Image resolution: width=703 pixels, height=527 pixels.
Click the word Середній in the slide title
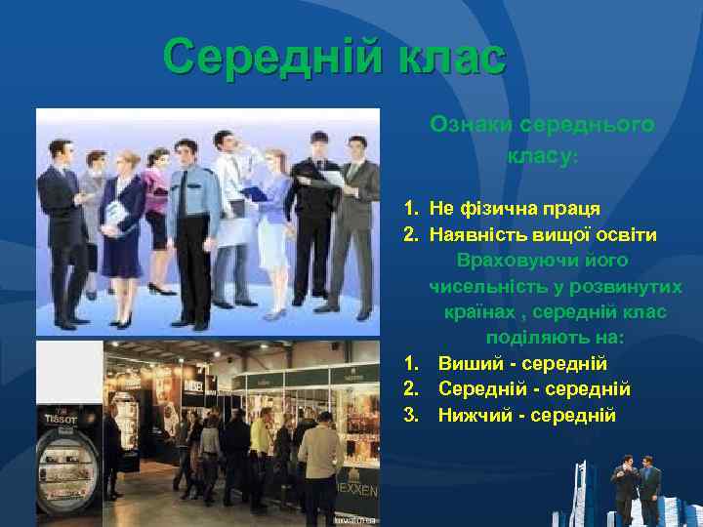pos(274,58)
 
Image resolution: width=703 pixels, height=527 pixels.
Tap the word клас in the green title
pos(451,58)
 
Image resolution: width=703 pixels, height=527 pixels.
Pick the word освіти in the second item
pos(628,235)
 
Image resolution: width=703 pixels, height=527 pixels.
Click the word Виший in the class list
pos(467,363)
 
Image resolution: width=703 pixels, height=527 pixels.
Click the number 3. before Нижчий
pos(411,415)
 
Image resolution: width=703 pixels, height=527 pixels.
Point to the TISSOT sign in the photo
pos(59,418)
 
